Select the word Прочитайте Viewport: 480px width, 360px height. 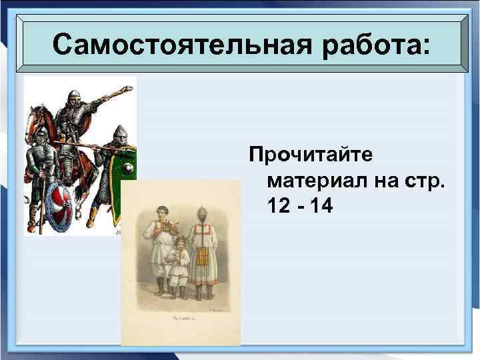[311, 155]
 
